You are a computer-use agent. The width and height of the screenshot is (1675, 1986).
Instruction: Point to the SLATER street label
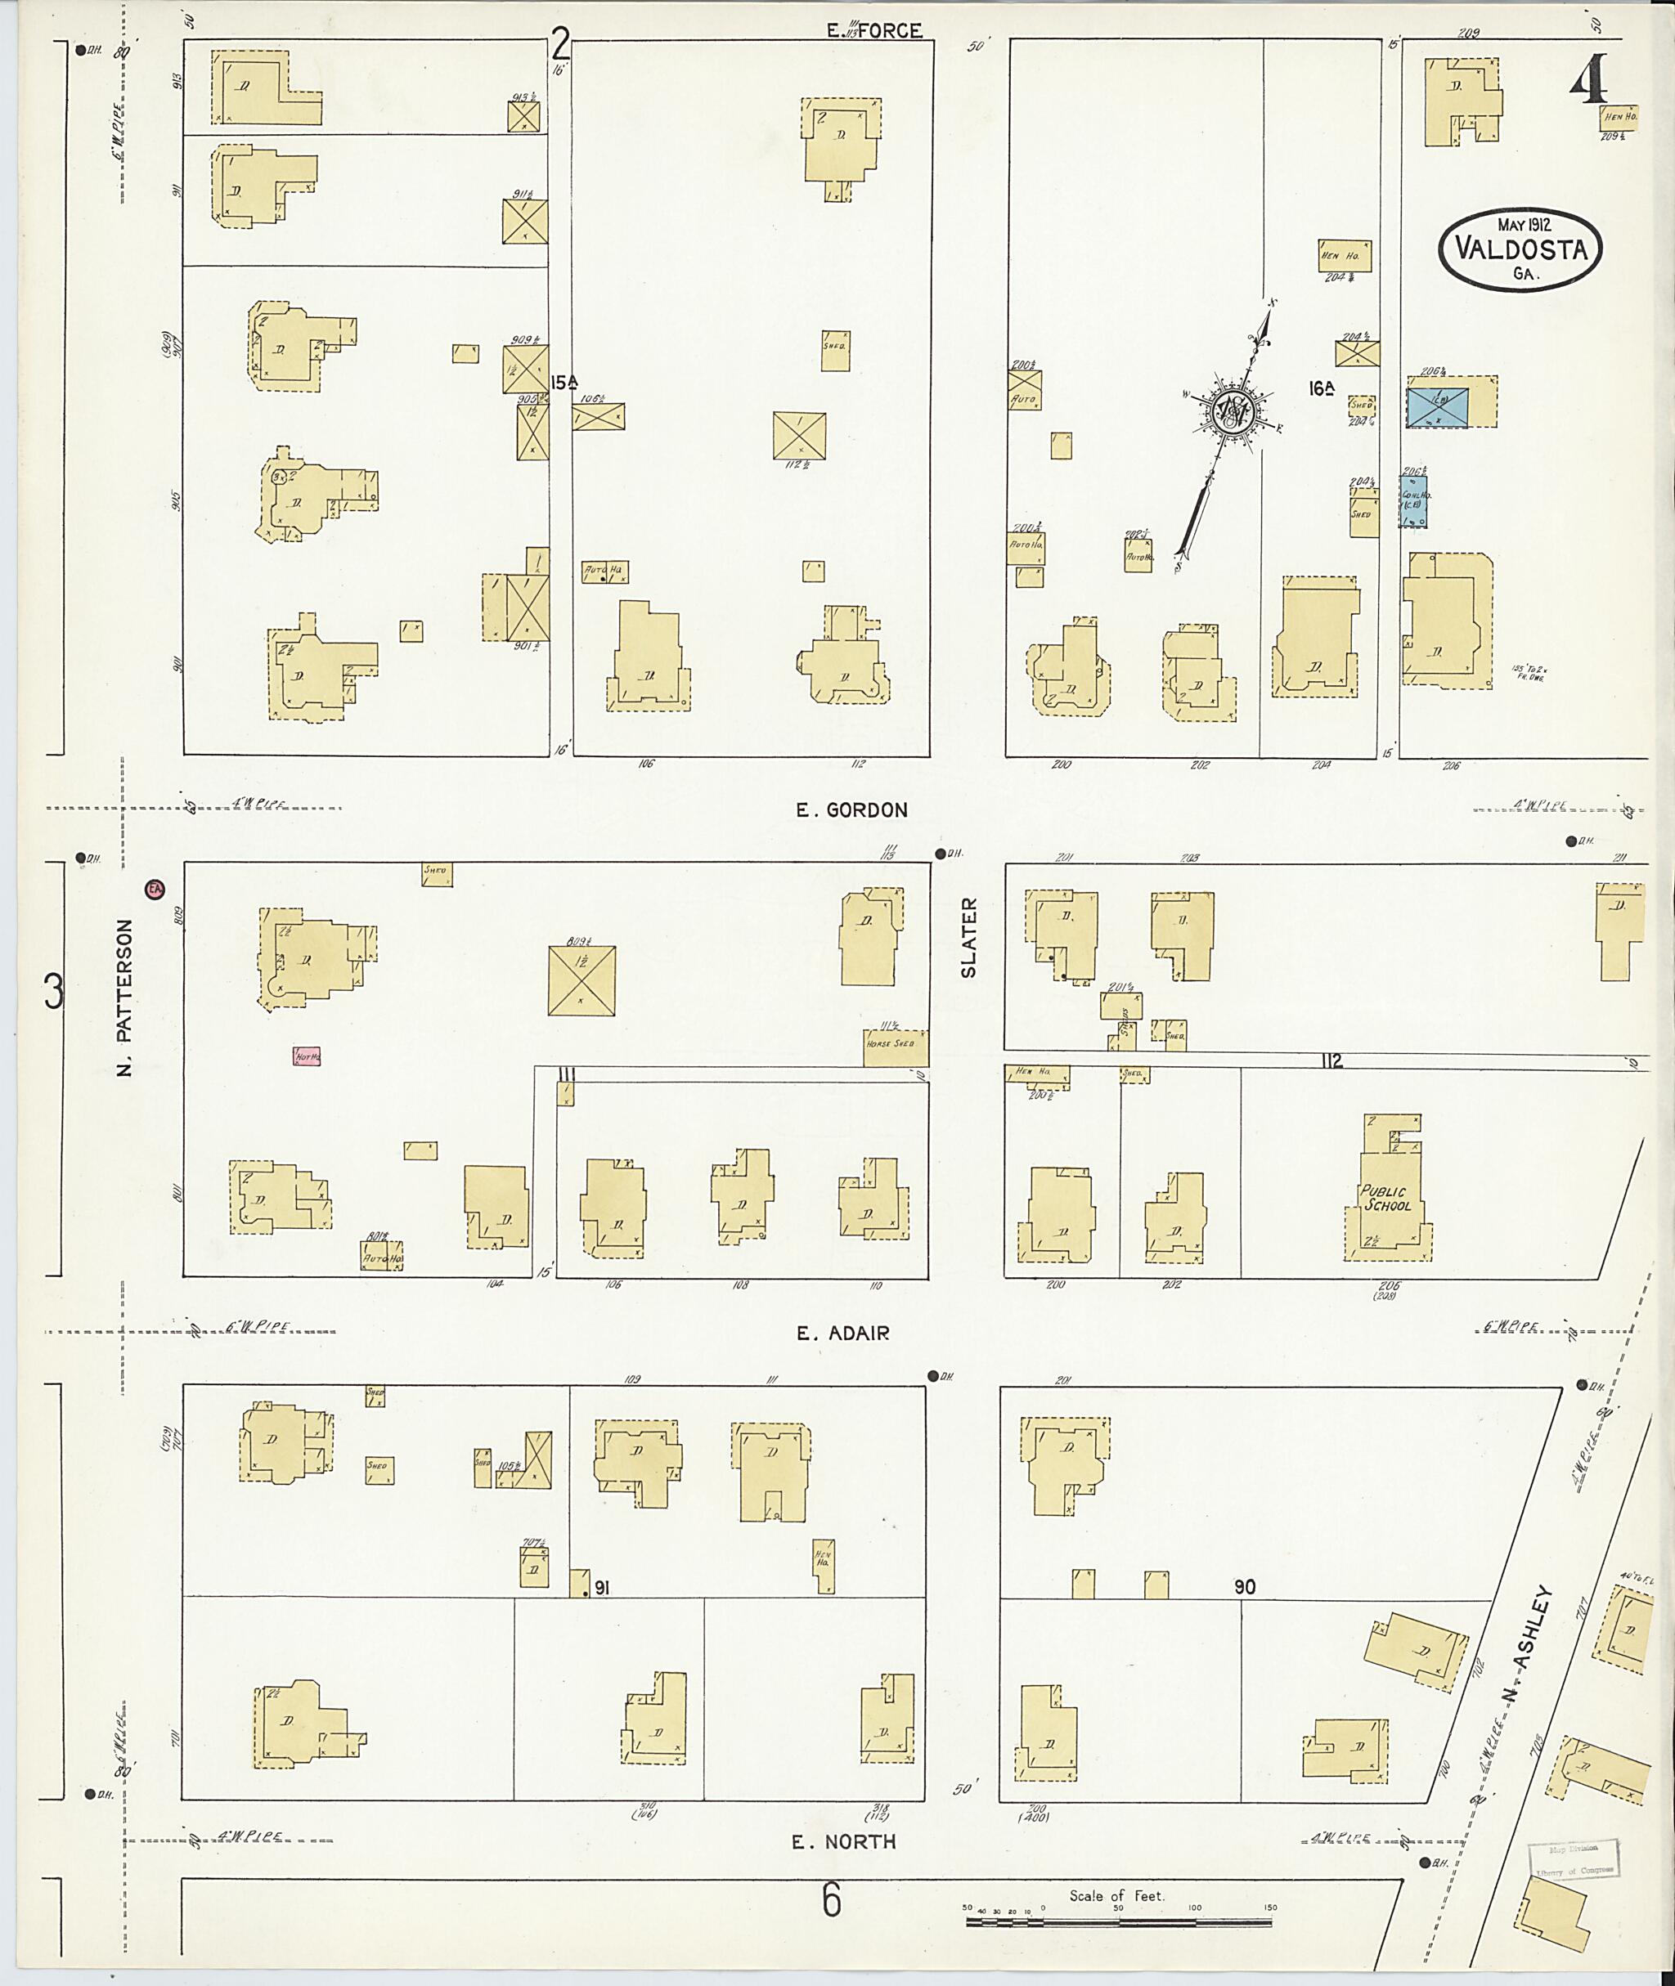point(968,938)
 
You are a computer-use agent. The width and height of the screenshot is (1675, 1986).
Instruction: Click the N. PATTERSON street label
point(125,997)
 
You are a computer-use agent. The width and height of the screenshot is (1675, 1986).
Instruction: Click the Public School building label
point(1385,1199)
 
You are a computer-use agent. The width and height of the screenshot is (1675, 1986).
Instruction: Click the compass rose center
point(1233,410)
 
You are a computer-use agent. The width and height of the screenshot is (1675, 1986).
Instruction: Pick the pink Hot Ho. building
point(306,1056)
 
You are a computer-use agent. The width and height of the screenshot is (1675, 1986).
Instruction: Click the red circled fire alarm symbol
point(154,890)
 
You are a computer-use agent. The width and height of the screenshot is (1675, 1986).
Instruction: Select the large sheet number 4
point(1587,78)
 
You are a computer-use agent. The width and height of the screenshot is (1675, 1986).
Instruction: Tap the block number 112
point(1331,1061)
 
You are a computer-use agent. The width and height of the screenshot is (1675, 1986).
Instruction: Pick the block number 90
point(1244,1587)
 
